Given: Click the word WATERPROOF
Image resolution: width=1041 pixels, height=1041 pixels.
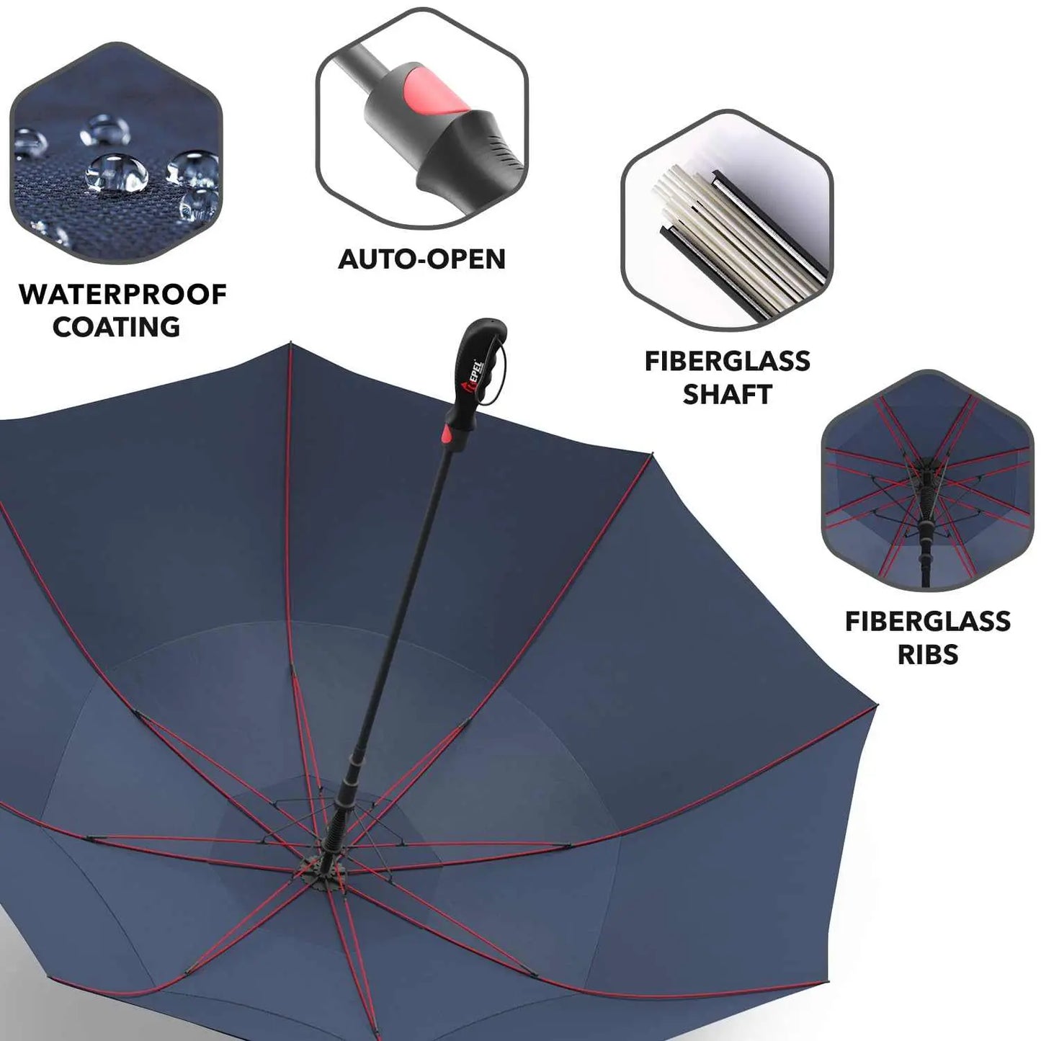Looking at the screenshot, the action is point(122,295).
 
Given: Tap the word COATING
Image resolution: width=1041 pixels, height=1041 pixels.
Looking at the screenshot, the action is point(117,327).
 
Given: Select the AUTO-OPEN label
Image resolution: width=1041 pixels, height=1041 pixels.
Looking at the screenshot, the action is point(422,259).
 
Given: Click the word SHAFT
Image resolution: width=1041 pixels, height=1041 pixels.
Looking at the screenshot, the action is point(727,394).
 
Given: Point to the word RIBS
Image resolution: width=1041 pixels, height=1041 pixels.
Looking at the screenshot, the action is point(928,654).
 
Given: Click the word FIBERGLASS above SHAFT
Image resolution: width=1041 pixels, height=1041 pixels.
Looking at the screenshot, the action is point(727,362).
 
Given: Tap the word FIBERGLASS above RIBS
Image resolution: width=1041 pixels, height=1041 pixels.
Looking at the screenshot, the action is point(928,621).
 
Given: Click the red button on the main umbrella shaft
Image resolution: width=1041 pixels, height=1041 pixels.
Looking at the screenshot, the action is point(448,433).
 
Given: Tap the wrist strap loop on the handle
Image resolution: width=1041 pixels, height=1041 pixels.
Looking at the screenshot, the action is point(499,372).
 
